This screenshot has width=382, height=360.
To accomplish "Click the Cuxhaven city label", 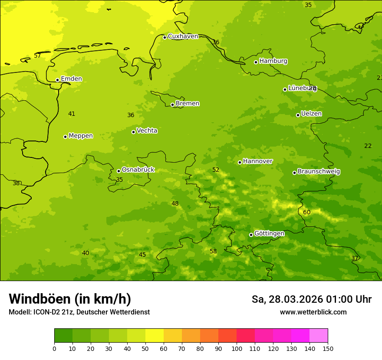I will (183, 36).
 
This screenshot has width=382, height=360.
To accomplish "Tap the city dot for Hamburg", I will (256, 62).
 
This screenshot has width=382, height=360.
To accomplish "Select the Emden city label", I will (71, 79).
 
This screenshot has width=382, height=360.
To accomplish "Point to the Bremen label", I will (188, 104).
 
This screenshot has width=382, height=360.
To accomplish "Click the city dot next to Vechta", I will (133, 132).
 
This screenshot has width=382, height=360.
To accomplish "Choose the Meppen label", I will (81, 136).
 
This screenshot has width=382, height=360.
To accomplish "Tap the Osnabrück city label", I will (138, 170).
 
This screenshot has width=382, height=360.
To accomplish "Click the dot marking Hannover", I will (240, 162).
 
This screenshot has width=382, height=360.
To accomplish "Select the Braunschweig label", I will (319, 172).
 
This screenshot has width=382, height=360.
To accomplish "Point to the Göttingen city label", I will (269, 234).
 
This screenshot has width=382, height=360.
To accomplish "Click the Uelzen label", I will (311, 114).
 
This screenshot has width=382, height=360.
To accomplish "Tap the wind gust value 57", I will (37, 56).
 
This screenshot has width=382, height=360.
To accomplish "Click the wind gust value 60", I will (307, 212).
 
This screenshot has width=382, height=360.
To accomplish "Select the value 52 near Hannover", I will (216, 170).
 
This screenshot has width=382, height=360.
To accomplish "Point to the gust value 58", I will (213, 252).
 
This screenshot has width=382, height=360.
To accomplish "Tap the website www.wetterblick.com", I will (313, 312).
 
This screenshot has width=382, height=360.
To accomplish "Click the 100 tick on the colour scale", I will (237, 349).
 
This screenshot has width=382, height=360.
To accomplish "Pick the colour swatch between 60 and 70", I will (173, 336).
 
